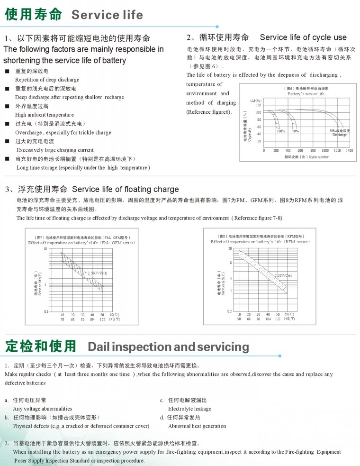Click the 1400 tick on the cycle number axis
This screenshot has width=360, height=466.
[x=349, y=150]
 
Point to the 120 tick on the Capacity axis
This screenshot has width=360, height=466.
[x=259, y=105]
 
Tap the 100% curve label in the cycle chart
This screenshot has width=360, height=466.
[x=281, y=131]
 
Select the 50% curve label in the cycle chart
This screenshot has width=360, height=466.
[x=296, y=131]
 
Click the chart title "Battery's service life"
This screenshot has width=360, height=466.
[x=306, y=94]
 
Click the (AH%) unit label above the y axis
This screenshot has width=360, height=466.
[x=255, y=101]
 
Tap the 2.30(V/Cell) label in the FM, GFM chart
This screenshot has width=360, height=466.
[x=98, y=274]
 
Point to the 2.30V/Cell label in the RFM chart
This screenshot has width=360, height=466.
[x=283, y=275]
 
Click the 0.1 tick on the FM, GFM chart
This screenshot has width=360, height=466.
[x=45, y=311]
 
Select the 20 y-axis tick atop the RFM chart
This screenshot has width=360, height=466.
[x=230, y=248]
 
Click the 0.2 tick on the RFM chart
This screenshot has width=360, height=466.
[x=230, y=311]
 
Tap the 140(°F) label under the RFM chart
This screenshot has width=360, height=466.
[x=289, y=319]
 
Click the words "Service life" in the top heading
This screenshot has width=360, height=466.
[x=107, y=15]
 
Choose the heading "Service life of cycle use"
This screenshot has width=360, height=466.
[x=303, y=37]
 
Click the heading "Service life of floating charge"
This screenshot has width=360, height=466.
[x=126, y=190]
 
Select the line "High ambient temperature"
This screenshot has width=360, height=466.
[x=45, y=115]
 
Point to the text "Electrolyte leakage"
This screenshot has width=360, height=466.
[x=189, y=409]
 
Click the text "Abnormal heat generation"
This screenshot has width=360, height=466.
[x=197, y=426]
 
